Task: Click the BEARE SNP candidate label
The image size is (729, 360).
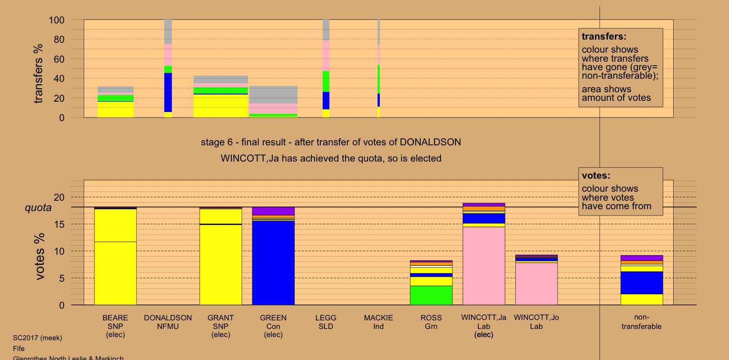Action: (115, 326)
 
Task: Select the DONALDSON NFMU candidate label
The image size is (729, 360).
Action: (168, 322)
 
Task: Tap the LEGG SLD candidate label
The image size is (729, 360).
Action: (326, 322)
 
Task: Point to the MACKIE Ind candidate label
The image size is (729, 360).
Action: (378, 322)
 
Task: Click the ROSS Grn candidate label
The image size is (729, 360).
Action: (431, 322)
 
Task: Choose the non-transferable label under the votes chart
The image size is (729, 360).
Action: (641, 322)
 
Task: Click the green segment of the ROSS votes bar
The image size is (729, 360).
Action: (431, 295)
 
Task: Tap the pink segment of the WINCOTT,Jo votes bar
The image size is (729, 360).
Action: (536, 283)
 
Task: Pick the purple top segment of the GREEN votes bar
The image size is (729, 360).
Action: (273, 211)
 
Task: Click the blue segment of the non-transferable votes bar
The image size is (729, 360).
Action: (641, 283)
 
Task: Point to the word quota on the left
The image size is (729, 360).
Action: (38, 208)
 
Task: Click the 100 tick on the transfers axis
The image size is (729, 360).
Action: (57, 20)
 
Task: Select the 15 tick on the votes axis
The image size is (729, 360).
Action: (59, 224)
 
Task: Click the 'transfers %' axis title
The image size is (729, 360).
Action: (38, 73)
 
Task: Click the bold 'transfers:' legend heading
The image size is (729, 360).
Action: (604, 37)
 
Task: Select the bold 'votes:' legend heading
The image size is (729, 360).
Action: (596, 176)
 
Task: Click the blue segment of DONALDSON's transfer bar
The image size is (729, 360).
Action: (168, 92)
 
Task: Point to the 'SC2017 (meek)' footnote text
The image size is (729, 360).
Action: (37, 338)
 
